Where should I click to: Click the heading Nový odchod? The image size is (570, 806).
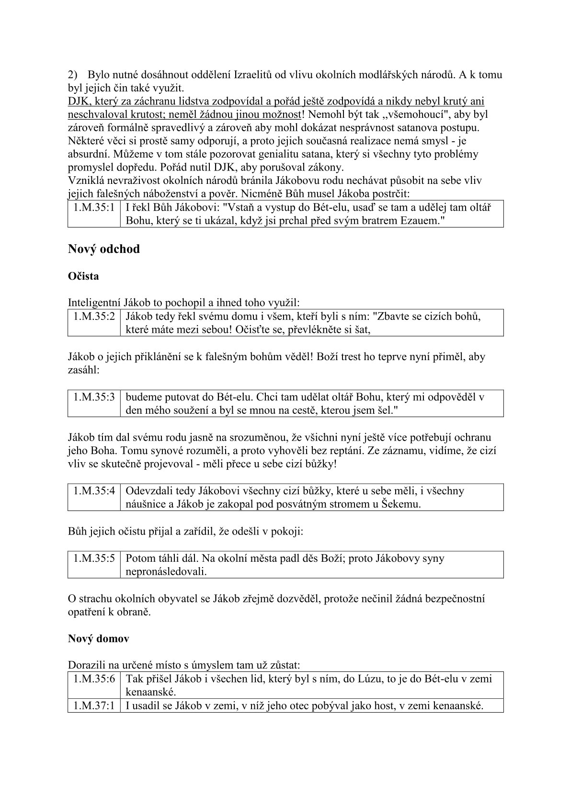tap(104, 250)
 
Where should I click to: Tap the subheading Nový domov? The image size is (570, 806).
tap(98, 638)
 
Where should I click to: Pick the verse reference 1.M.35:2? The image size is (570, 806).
tap(94, 317)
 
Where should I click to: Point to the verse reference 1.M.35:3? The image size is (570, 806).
tap(94, 397)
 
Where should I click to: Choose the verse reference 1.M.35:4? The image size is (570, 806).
tap(94, 491)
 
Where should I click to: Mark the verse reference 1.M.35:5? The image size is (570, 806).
tap(94, 558)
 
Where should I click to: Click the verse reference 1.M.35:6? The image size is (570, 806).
tap(94, 679)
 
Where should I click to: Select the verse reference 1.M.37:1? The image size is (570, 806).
tap(94, 706)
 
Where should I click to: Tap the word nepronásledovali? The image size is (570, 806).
tap(166, 572)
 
